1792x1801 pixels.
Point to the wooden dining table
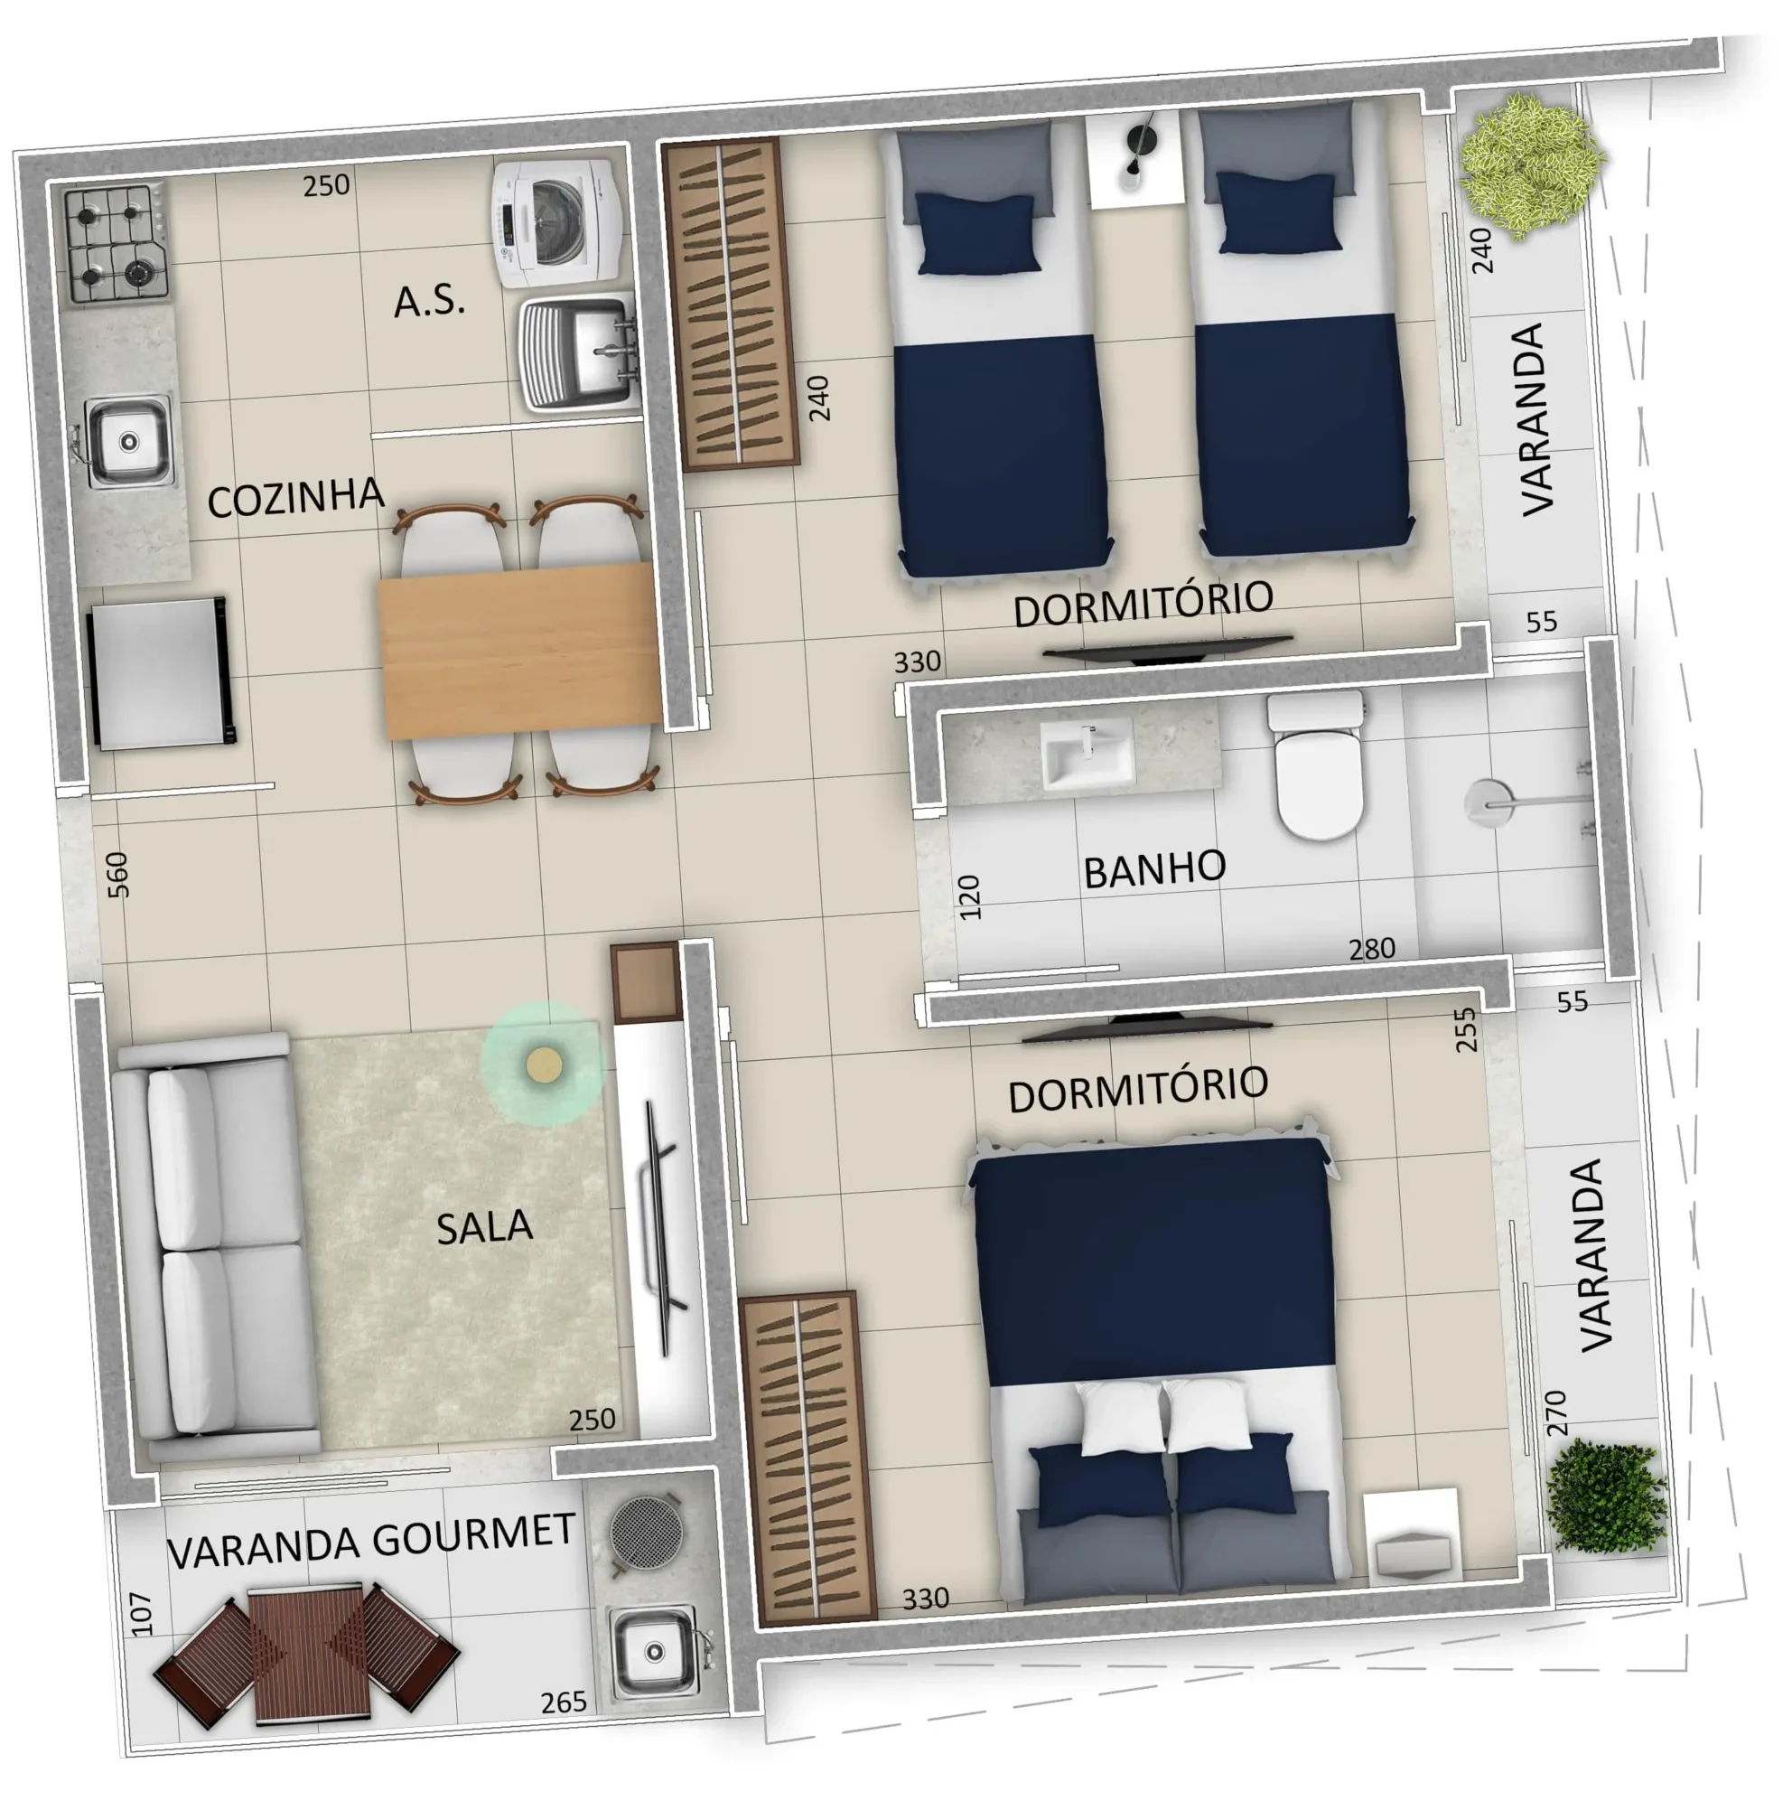[519, 651]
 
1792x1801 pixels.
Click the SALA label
[484, 1227]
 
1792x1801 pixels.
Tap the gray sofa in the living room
[216, 1245]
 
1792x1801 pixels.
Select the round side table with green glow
[543, 1064]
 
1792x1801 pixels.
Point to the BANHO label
[1154, 869]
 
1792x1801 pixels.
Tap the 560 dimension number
[117, 875]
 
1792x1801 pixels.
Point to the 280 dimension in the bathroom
[1372, 948]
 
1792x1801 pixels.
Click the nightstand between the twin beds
[1134, 158]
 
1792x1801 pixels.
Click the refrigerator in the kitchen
[160, 671]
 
